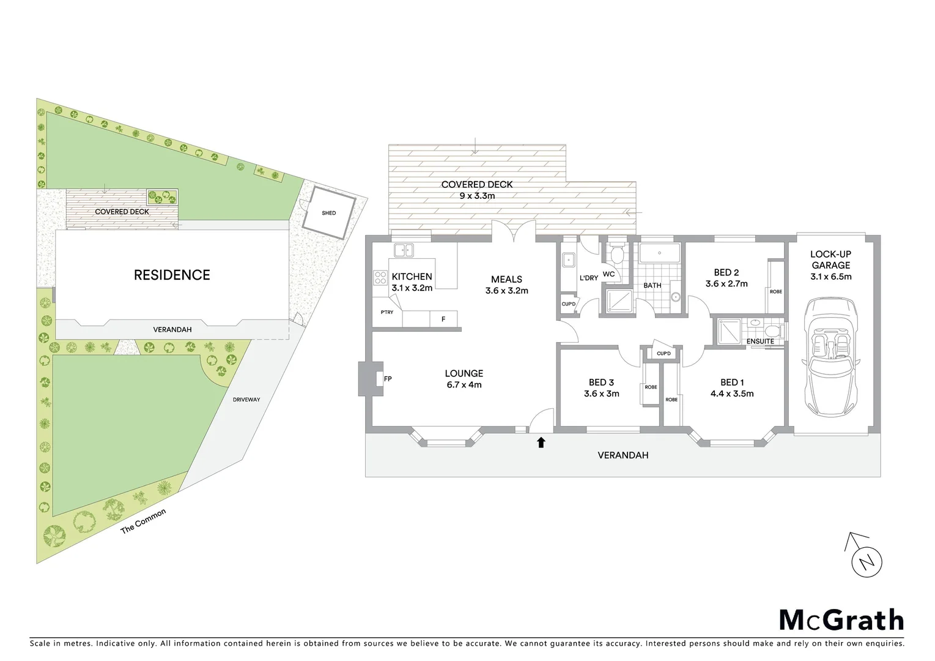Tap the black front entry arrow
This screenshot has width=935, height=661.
(541, 442)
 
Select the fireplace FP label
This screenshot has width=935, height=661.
(387, 379)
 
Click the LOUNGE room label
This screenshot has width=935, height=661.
(464, 373)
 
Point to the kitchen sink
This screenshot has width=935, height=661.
(404, 250)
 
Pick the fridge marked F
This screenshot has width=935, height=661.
(443, 319)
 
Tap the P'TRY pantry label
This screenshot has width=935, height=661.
(386, 312)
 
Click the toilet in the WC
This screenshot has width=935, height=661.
(615, 252)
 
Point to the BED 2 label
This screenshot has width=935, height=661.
(726, 272)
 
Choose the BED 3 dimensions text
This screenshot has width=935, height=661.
(601, 394)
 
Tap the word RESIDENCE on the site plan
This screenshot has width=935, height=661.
(172, 275)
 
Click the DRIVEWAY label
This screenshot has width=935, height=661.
(246, 400)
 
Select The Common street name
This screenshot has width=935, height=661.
(143, 521)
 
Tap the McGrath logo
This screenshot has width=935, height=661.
(841, 620)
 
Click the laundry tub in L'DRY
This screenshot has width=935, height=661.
(569, 260)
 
